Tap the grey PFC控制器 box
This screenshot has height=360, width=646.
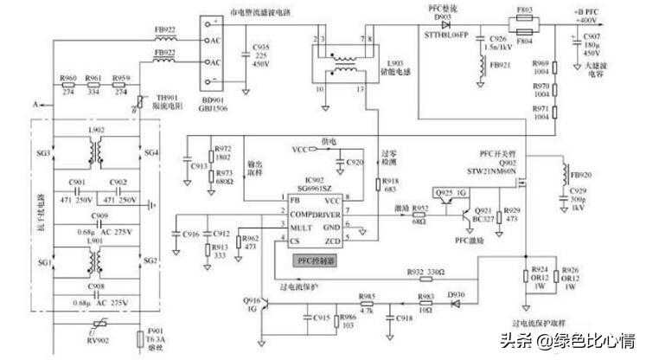(x=313, y=257)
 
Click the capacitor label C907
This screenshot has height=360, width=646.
(x=592, y=37)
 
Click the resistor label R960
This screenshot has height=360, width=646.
(x=67, y=79)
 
